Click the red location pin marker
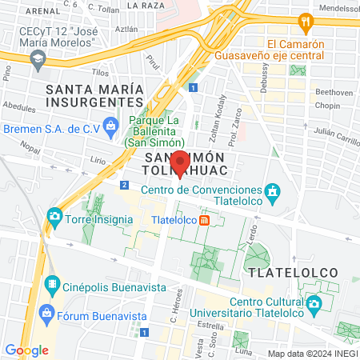point(181,162)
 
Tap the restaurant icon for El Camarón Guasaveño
point(305,21)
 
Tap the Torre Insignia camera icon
point(54,216)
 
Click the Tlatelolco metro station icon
point(204,220)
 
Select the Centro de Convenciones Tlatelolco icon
point(273,191)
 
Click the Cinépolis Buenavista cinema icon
point(52,284)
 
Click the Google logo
point(26,350)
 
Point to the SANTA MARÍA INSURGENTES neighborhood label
point(98,95)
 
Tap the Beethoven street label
point(335,92)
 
